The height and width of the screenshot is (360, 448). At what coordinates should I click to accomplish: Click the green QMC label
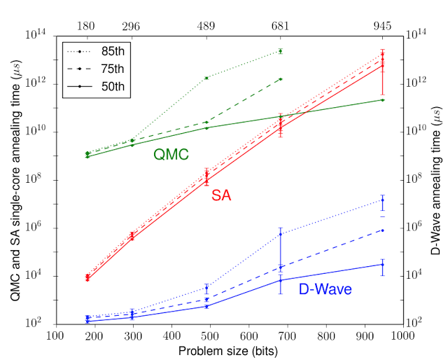(x=171, y=155)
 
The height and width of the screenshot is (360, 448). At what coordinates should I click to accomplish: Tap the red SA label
(x=222, y=198)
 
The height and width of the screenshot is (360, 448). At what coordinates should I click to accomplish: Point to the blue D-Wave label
(x=325, y=289)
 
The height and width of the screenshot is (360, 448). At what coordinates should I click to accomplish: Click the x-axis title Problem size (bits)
(x=228, y=350)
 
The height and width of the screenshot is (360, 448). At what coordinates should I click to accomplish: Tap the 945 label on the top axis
(x=382, y=26)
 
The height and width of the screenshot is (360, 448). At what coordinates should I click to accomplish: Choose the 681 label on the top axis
(x=281, y=26)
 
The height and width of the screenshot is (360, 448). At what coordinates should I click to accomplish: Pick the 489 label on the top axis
(x=206, y=26)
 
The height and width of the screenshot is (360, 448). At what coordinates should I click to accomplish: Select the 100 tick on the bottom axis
(x=57, y=335)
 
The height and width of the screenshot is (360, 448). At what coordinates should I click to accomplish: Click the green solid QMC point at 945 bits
(x=382, y=99)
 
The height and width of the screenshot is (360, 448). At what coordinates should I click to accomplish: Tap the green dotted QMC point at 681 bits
(x=281, y=51)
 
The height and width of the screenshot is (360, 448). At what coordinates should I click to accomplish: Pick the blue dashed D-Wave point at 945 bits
(x=382, y=230)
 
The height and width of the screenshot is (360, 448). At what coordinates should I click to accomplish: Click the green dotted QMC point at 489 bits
(x=206, y=78)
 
